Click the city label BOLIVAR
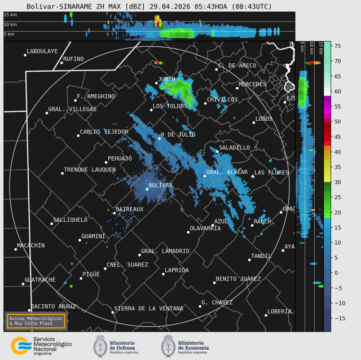tap(160, 185)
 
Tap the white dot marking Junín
tap(157, 83)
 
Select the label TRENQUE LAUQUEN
tap(90, 169)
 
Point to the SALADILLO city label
tap(235, 147)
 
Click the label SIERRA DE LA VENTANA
tap(148, 309)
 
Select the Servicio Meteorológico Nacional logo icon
tap(21, 346)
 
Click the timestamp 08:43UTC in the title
tap(251, 6)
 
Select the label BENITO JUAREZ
tap(238, 279)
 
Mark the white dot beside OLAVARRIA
tap(188, 232)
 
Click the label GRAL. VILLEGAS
tap(72, 109)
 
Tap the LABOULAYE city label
tap(42, 51)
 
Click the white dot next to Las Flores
tap(253, 177)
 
